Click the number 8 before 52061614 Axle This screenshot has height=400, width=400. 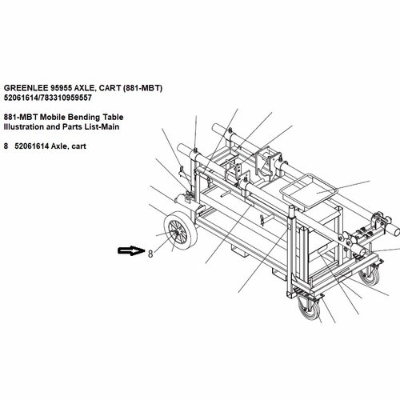tap(6, 146)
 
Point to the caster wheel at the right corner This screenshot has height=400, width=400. tap(369, 277)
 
